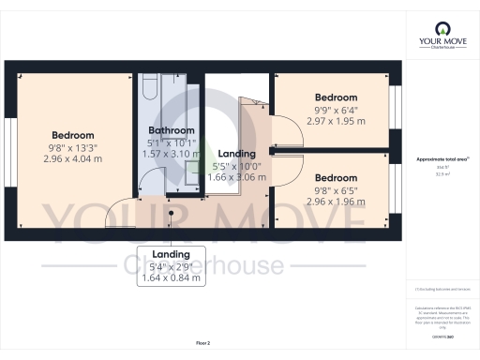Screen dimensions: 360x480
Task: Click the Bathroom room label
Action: [x=172, y=130]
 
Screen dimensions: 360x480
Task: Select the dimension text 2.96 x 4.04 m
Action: [x=73, y=158]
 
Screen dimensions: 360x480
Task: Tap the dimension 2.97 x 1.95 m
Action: [x=336, y=121]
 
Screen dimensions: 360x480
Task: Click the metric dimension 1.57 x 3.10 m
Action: [x=172, y=153]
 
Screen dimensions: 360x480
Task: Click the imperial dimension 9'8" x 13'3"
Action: [x=73, y=147]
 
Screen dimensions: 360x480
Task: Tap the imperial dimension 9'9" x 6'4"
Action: [x=336, y=110]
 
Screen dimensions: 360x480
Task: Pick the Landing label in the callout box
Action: [x=172, y=254]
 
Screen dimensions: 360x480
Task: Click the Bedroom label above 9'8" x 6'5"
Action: [x=336, y=178]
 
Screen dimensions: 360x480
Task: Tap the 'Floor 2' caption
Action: [x=202, y=344]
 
